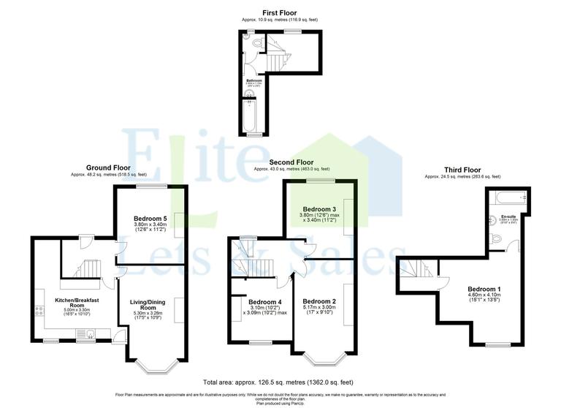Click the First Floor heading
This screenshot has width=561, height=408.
click(280, 12)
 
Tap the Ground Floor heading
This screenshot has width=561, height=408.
click(109, 167)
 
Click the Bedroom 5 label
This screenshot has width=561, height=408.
click(150, 219)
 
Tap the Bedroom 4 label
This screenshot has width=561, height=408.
click(264, 302)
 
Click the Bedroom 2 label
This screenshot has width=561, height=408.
click(319, 302)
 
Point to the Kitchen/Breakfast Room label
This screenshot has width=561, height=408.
click(77, 303)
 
